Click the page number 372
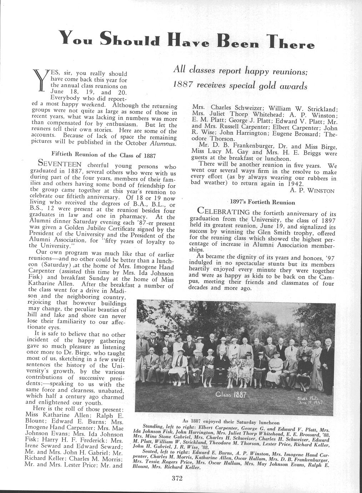pyautogui.click(x=177, y=478)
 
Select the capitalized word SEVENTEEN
pyautogui.click(x=60, y=164)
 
